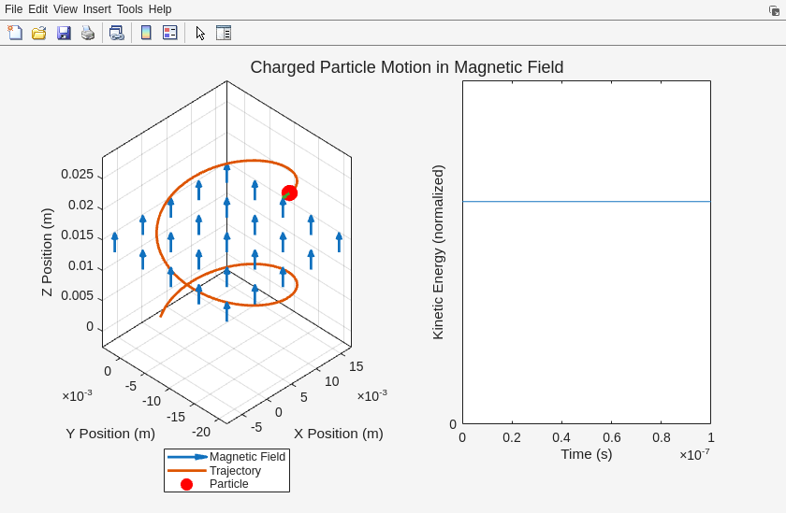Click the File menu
coord(13,9)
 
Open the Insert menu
coord(96,9)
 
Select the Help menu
coord(160,9)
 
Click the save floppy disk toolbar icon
coord(64,33)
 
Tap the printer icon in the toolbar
coord(88,33)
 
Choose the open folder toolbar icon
coord(39,33)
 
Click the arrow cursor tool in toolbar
coord(200,33)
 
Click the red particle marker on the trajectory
coord(289,192)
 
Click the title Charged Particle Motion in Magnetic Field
coord(406,67)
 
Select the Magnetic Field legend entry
coord(247,457)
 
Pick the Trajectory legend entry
coord(235,470)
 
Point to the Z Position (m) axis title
coord(47,252)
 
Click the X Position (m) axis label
coord(338,434)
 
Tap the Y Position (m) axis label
coord(110,434)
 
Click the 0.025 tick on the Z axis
coord(77,174)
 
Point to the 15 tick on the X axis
coord(356,366)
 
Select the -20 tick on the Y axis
coord(200,431)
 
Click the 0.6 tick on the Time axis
coord(611,437)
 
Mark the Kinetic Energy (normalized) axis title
coord(438,252)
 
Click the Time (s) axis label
coord(586,454)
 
